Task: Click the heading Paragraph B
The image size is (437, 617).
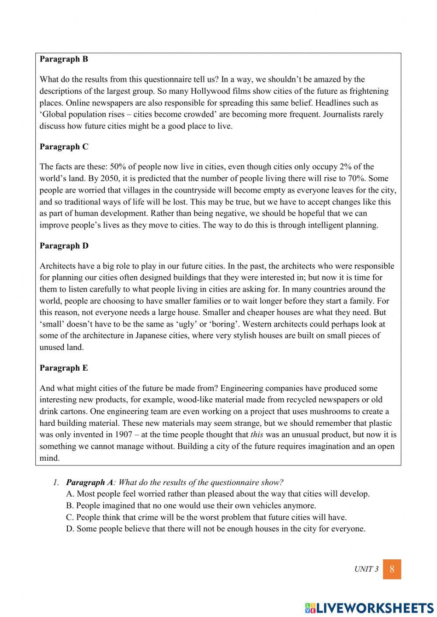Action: point(64,59)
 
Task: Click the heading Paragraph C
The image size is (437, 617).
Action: point(64,147)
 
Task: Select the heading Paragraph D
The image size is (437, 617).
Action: point(64,246)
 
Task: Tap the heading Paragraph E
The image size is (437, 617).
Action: point(64,368)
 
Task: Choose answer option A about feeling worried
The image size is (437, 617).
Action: point(218,494)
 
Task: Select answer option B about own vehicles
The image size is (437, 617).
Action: point(191,506)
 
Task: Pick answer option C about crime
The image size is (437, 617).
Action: point(206,517)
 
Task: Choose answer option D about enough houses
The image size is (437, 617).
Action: point(216,529)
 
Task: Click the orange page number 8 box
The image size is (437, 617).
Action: point(392,569)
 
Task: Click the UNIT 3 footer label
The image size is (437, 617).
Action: point(366,569)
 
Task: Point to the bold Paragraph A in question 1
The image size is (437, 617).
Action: point(89,483)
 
